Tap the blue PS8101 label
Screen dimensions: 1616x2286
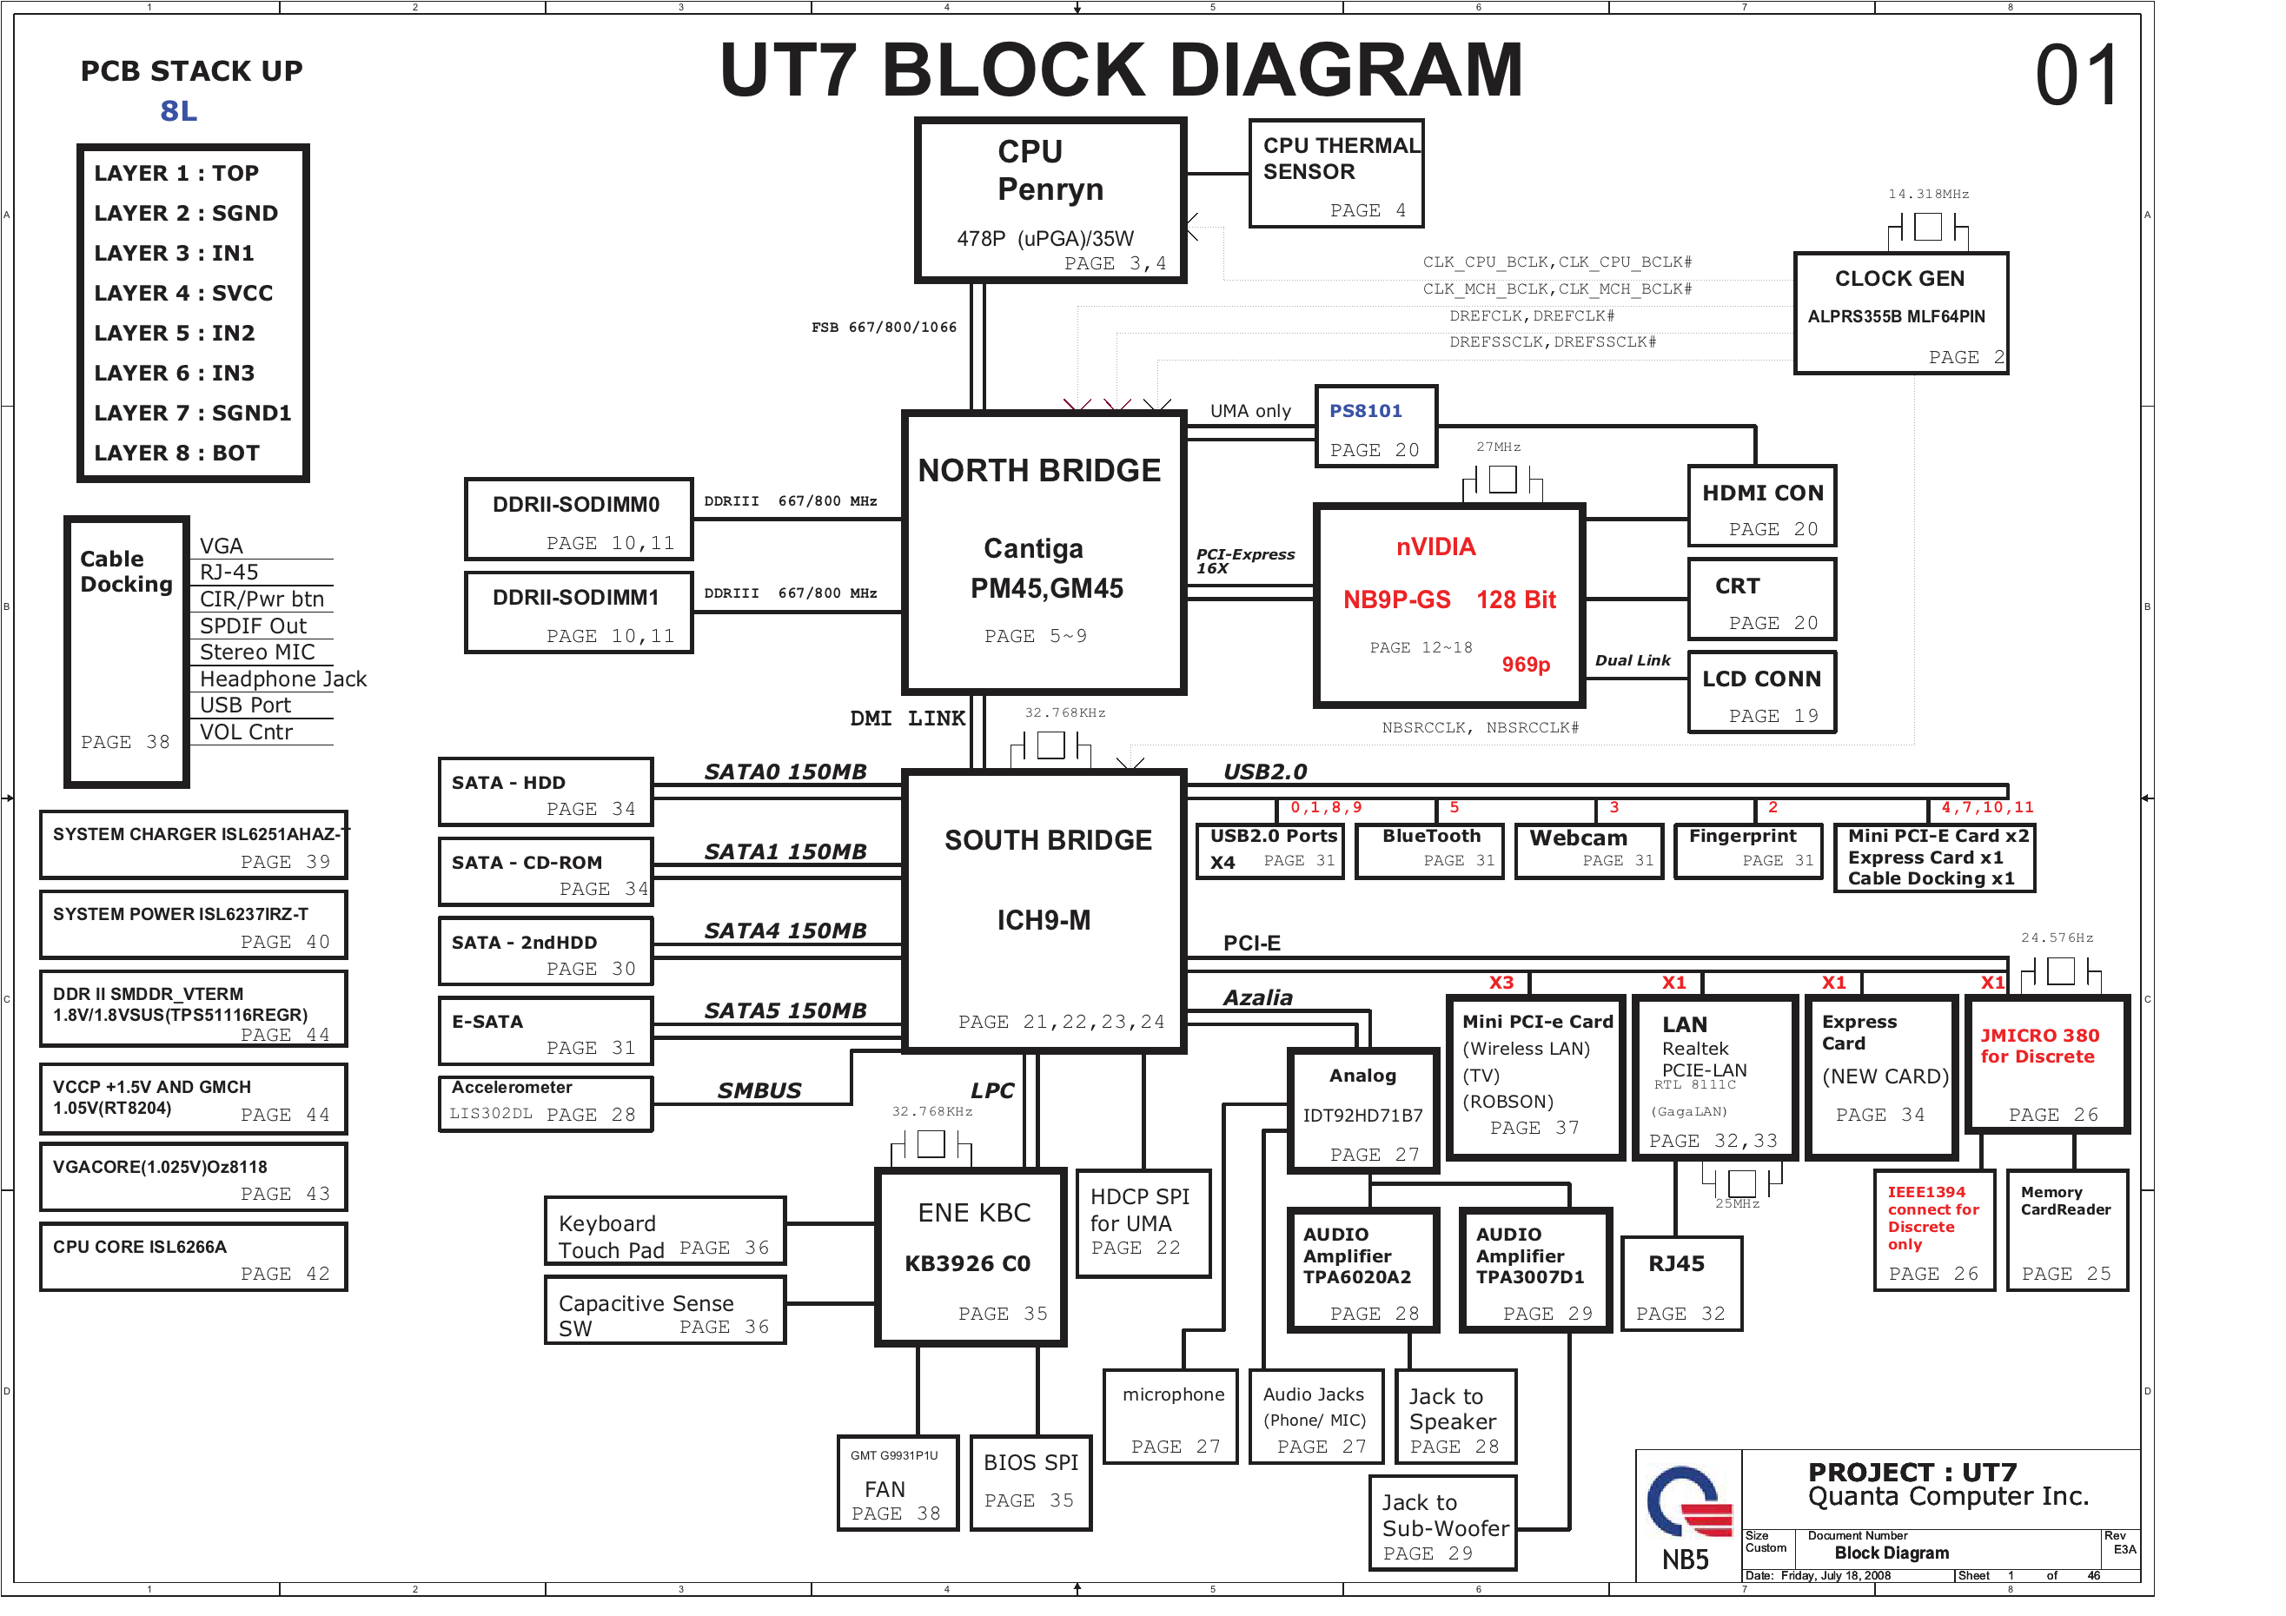1365,411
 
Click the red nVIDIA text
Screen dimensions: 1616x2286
1435,546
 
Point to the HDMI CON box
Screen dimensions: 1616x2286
1761,507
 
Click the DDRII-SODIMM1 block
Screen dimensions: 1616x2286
579,613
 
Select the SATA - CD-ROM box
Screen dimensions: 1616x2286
545,871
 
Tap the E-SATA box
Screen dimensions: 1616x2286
545,1031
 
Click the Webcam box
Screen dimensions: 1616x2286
1589,850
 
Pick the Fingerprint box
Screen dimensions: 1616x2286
1748,850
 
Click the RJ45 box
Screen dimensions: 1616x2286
1680,1284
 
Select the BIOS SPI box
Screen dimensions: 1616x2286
1030,1481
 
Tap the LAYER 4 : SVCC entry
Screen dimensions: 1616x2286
183,294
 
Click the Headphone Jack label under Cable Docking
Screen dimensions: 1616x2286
282,679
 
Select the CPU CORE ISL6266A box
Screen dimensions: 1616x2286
193,1257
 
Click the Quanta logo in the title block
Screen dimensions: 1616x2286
1690,1503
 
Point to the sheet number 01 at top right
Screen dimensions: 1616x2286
2076,76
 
